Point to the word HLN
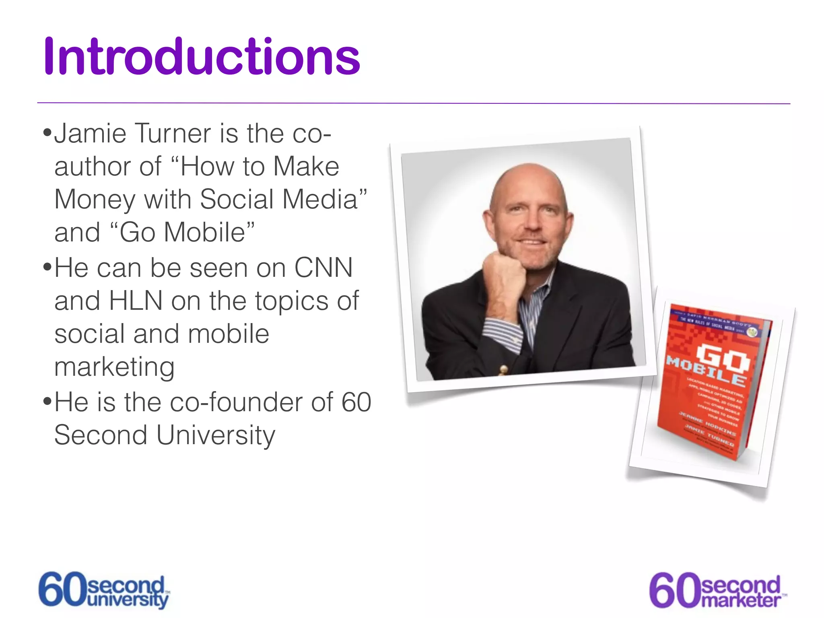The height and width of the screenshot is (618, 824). [x=136, y=301]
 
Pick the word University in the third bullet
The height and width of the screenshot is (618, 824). [x=216, y=436]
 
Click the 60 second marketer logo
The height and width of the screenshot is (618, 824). [x=717, y=591]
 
